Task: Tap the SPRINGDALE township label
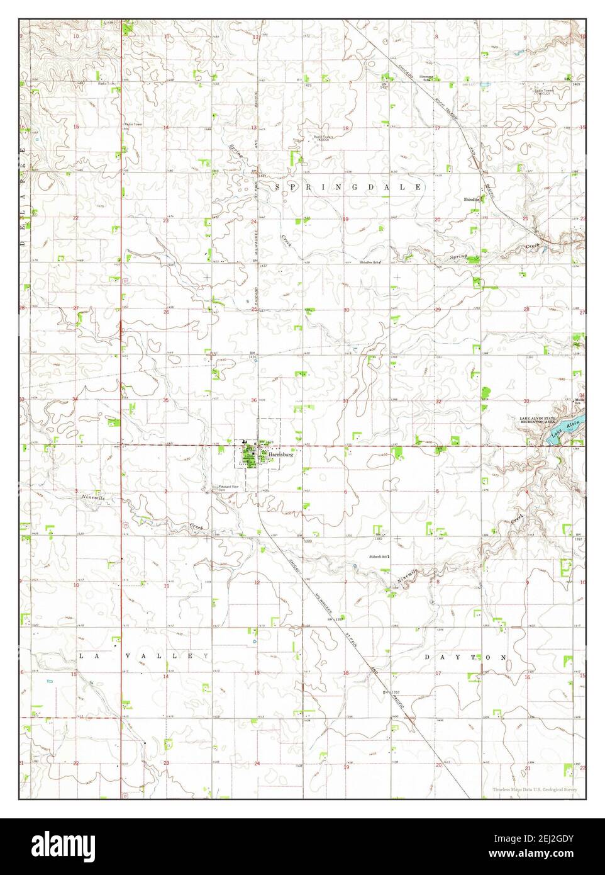point(349,188)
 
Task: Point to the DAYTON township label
point(467,657)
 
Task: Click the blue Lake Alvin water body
point(562,431)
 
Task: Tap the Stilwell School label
point(380,556)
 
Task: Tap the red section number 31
point(346,400)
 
